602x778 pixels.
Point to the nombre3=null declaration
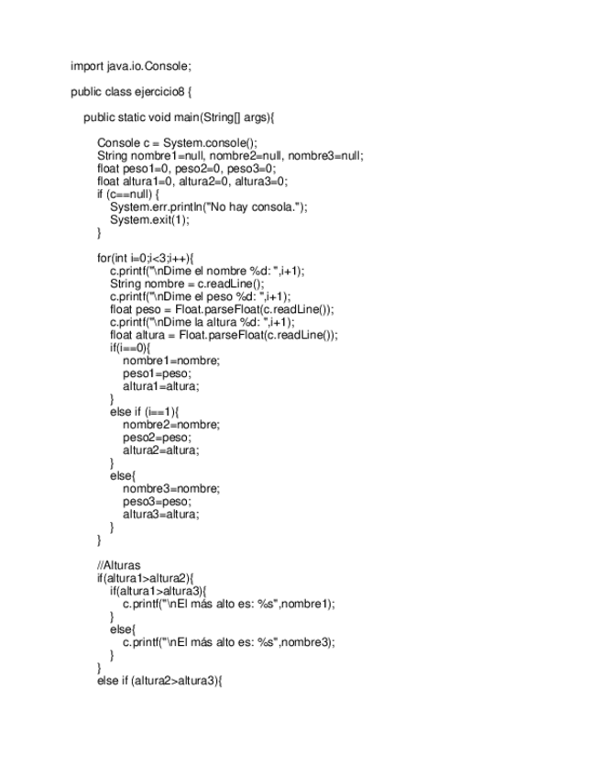tap(332, 156)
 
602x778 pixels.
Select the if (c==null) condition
tap(128, 194)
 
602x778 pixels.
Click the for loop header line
tap(146, 259)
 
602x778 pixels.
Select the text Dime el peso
tap(197, 297)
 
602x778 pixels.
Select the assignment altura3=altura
tap(160, 515)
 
